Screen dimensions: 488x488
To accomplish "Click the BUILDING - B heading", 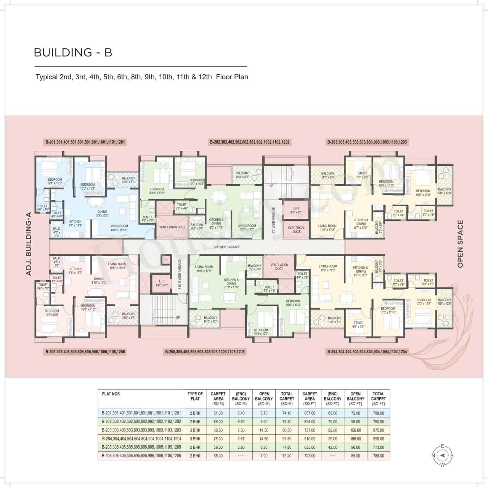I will (73, 52).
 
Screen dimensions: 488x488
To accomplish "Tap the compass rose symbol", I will (442, 455).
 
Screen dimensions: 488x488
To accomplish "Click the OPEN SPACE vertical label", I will (460, 244).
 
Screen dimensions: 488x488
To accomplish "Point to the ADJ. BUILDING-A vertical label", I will (28, 244).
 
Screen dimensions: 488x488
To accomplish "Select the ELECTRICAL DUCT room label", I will (296, 230).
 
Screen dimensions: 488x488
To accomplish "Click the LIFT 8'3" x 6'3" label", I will (296, 210).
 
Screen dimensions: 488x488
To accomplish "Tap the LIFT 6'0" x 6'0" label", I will (162, 283).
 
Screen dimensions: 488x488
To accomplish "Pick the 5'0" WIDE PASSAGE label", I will (228, 247).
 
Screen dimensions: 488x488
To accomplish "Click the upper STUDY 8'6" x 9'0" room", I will (362, 175).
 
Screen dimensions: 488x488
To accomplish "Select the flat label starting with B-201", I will (85, 142).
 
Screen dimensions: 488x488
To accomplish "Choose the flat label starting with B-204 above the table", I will (367, 352).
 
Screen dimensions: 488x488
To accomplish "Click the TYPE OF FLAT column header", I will (195, 396).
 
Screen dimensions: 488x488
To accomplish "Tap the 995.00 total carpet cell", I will (378, 439).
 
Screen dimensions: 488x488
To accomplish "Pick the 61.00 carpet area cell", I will (218, 413).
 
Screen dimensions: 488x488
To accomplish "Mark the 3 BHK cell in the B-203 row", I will (195, 430).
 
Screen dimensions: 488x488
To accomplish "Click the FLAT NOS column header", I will (111, 394).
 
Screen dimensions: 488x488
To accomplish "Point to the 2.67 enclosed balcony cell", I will (241, 439).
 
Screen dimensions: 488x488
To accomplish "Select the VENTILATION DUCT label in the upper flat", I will (172, 227).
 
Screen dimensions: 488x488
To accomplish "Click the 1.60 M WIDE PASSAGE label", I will (179, 274).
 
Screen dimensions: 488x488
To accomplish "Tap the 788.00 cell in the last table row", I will (378, 456).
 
